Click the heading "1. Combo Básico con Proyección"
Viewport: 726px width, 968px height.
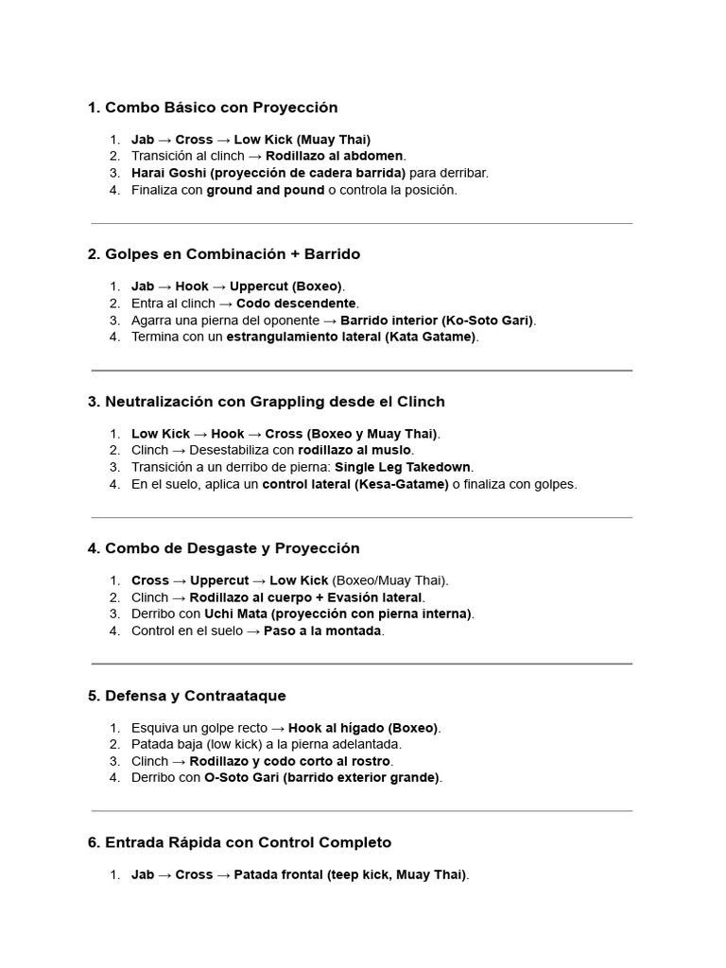click(212, 108)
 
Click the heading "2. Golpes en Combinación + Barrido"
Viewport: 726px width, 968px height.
click(223, 254)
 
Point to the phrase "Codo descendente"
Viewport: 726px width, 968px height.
click(297, 303)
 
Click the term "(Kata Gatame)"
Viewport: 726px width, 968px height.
click(431, 337)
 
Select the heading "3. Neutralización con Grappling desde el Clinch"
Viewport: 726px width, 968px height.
click(266, 402)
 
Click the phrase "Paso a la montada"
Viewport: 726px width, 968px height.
click(322, 631)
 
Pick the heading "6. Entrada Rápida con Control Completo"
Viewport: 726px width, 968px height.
click(238, 842)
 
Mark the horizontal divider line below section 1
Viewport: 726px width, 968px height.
click(362, 224)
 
